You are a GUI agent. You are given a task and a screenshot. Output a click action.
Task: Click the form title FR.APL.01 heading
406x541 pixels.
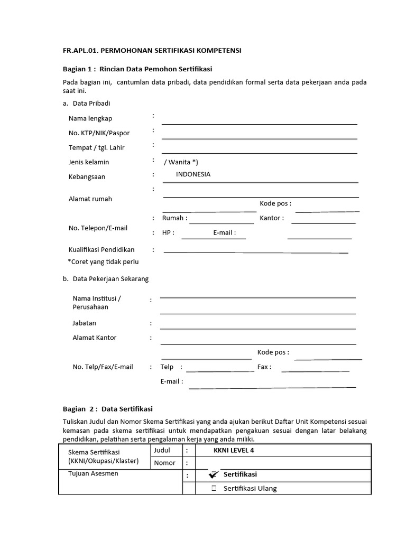[152, 50]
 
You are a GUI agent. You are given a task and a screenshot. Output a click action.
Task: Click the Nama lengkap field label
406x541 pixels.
[90, 118]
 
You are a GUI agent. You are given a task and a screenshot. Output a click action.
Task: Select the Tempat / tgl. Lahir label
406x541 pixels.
[97, 147]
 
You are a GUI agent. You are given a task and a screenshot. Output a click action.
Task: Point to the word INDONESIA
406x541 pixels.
[193, 174]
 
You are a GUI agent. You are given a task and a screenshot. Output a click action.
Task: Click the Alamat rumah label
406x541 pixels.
[90, 199]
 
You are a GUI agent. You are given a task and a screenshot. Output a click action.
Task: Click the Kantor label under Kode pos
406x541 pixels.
[272, 218]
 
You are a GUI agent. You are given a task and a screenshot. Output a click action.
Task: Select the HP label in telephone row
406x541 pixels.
[168, 232]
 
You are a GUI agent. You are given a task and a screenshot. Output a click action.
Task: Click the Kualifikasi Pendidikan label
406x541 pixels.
[101, 249]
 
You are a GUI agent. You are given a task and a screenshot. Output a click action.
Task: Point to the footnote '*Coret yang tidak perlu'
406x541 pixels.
[103, 262]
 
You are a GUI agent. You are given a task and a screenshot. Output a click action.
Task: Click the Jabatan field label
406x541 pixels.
[85, 323]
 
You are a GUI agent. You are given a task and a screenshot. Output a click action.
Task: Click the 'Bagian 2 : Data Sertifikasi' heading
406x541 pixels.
[107, 409]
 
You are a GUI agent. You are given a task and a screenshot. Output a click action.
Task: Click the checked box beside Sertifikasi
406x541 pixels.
[214, 475]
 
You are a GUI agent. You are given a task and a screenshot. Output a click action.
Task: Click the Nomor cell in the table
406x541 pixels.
[164, 463]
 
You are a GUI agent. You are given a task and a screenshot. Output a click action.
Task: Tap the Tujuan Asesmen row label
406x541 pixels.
[94, 473]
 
